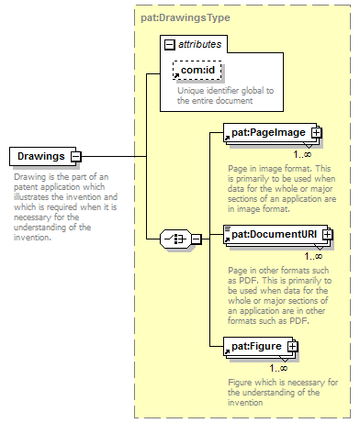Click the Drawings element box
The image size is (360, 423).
pyautogui.click(x=43, y=156)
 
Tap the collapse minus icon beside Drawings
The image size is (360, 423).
pyautogui.click(x=76, y=157)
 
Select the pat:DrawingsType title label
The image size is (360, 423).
pyautogui.click(x=186, y=17)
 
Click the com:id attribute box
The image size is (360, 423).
pyautogui.click(x=197, y=71)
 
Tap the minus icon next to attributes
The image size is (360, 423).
pyautogui.click(x=170, y=45)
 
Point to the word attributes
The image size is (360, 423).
pyautogui.click(x=199, y=44)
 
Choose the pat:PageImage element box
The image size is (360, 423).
pyautogui.click(x=270, y=132)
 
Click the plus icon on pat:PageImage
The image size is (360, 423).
pyautogui.click(x=316, y=132)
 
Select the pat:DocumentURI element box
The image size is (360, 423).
pyautogui.click(x=276, y=235)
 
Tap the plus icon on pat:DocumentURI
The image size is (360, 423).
pyautogui.click(x=327, y=235)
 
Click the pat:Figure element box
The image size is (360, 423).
pyautogui.click(x=258, y=347)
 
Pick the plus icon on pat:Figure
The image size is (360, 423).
pyautogui.click(x=292, y=347)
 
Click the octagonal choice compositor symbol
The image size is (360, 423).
pyautogui.click(x=175, y=239)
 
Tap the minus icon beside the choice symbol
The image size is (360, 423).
pyautogui.click(x=197, y=239)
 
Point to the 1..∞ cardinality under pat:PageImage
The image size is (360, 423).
pyautogui.click(x=302, y=154)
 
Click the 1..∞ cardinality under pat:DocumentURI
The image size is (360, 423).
pyautogui.click(x=313, y=256)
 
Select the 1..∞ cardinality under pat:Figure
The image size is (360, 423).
pyautogui.click(x=278, y=368)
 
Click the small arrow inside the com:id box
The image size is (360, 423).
pyautogui.click(x=176, y=75)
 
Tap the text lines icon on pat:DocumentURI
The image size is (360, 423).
pyautogui.click(x=227, y=228)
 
